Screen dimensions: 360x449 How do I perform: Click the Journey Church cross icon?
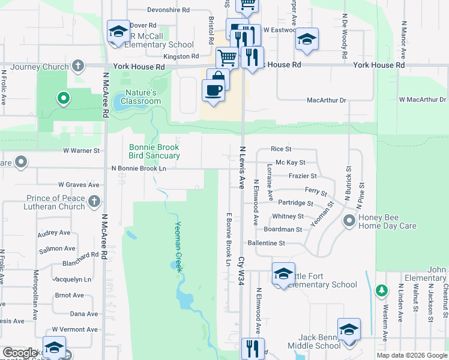(78, 65)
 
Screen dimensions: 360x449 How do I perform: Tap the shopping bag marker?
(218, 79)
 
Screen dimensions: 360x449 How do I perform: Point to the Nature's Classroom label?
(141, 97)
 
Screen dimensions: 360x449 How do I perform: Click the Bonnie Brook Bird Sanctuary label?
(154, 151)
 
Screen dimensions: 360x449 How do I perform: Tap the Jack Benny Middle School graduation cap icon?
(349, 329)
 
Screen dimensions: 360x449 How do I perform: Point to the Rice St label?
(281, 149)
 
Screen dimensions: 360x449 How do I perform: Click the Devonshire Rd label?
(169, 10)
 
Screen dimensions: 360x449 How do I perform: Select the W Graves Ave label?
(79, 185)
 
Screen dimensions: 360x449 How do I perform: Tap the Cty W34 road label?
(241, 271)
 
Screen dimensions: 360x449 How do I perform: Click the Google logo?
(20, 353)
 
